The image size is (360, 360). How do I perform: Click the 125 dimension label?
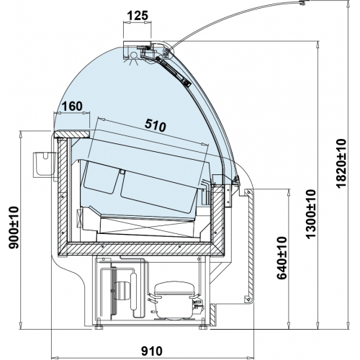point(138,16)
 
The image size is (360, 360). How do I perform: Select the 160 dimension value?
point(72,106)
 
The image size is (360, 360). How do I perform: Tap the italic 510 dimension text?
point(156,125)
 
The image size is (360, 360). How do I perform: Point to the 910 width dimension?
point(152,351)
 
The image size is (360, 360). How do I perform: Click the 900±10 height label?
point(14,228)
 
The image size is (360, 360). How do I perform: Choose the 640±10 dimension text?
point(282,258)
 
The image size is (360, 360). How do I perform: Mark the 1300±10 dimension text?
point(311,214)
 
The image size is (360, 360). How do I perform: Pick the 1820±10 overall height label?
point(341,163)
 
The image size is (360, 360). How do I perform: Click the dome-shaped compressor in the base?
point(174,300)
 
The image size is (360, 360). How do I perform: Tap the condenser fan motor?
point(122,291)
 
